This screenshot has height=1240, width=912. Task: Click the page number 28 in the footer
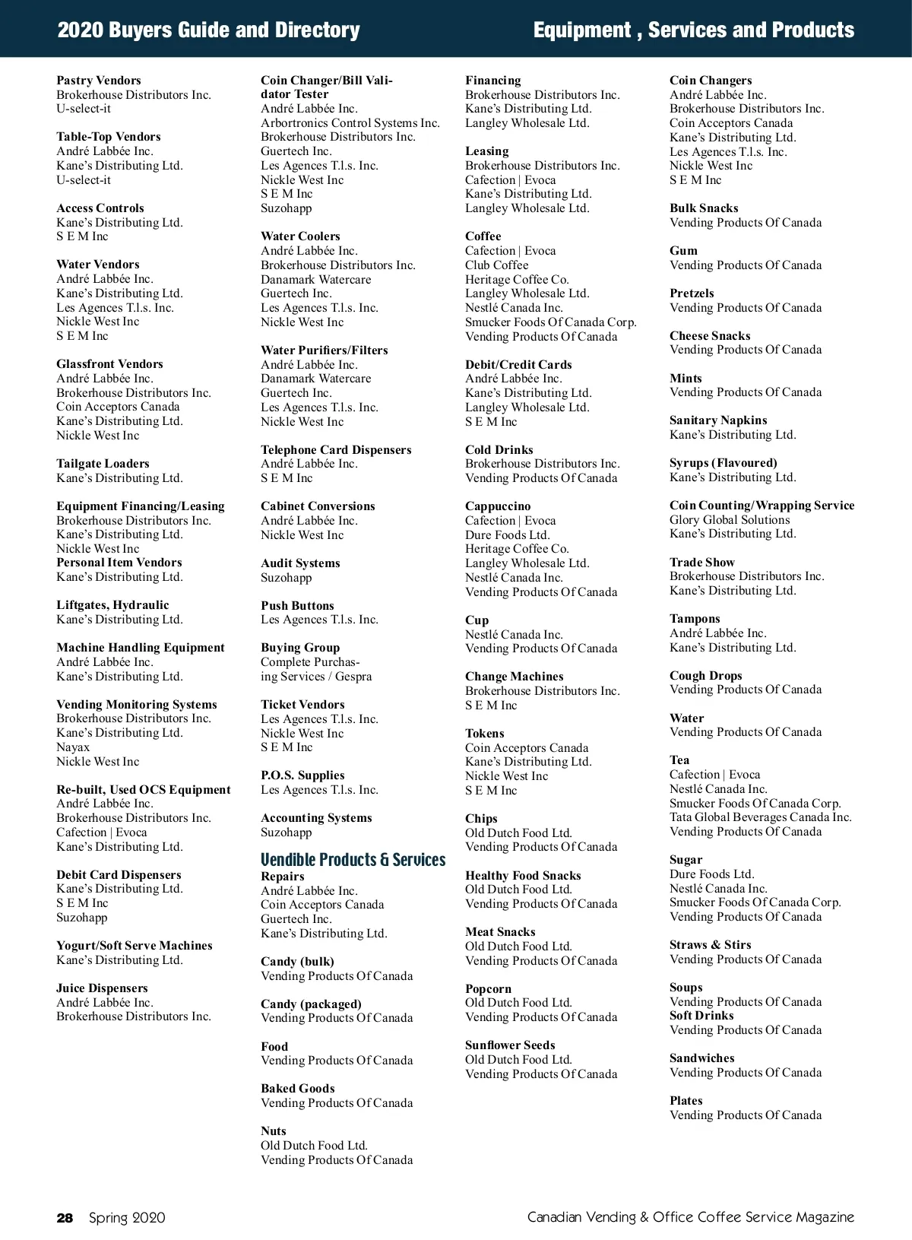coord(65,1218)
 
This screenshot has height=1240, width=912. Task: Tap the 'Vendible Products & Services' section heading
coord(353,860)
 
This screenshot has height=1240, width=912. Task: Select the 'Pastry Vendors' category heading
coord(99,81)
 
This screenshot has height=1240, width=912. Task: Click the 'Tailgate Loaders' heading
coord(103,464)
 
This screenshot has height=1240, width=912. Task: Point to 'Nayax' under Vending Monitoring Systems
coord(73,747)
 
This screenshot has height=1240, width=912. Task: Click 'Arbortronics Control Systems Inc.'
coord(350,123)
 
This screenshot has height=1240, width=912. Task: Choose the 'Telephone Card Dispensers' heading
coord(336,450)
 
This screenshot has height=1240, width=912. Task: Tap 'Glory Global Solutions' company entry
coord(730,520)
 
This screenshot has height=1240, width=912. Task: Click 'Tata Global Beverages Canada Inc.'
coord(760,817)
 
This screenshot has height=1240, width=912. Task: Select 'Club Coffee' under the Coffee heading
coord(496,265)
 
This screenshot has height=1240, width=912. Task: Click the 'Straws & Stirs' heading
coord(710,945)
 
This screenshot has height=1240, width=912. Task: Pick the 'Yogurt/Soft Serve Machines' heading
coord(135,946)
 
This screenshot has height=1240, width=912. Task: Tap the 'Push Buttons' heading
coord(297,606)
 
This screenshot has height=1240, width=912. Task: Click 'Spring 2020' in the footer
coord(127,1218)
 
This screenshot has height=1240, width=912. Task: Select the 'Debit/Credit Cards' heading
coord(518,365)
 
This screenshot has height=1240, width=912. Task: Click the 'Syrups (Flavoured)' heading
coord(723,463)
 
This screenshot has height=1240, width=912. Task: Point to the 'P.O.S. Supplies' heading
coord(302,775)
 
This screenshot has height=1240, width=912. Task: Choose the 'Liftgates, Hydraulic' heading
coord(112,605)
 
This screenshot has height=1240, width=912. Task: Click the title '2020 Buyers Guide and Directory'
coord(209,30)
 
